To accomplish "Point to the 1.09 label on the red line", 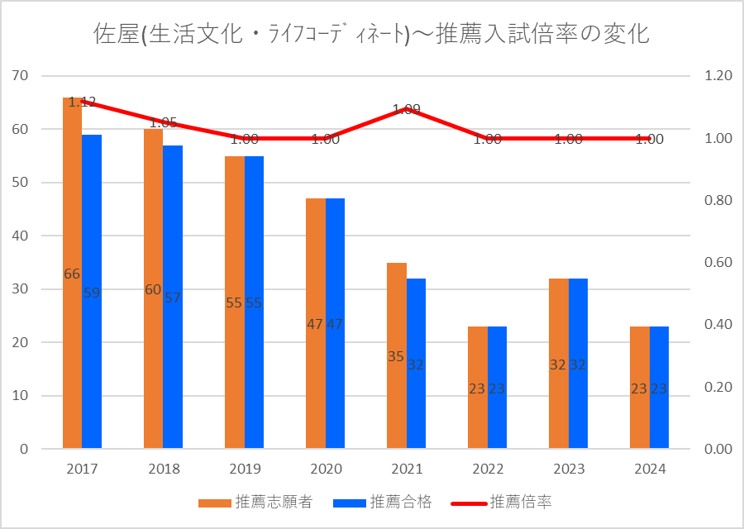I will [x=407, y=108].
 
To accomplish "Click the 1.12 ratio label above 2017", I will [x=82, y=102].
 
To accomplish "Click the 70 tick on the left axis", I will [x=21, y=76].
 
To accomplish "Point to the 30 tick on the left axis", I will [x=21, y=289].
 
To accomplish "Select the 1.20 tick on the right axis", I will [x=715, y=76].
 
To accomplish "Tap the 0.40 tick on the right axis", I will [x=715, y=325].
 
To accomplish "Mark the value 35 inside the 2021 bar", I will [x=396, y=357].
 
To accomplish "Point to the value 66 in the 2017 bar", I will [x=72, y=274].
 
